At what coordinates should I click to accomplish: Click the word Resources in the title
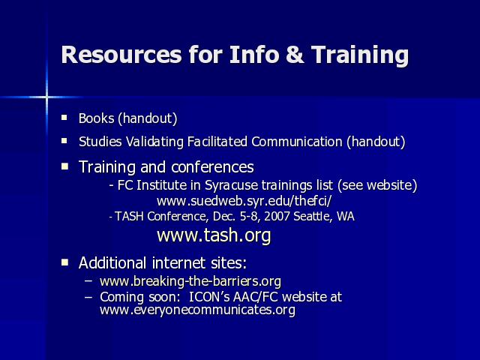[x=121, y=55]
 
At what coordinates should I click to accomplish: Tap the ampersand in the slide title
[x=295, y=55]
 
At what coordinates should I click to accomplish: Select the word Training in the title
[x=360, y=55]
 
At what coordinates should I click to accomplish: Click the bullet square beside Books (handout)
[x=64, y=117]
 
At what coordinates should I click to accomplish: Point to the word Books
[x=97, y=118]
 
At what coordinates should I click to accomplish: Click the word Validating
[x=154, y=142]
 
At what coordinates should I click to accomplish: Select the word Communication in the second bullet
[x=297, y=142]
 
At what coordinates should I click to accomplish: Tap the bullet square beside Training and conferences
[x=64, y=166]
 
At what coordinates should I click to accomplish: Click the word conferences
[x=212, y=167]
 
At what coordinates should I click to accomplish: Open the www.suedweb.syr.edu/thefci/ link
[x=244, y=201]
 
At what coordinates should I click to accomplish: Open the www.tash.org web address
[x=214, y=235]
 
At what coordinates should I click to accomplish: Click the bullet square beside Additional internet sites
[x=64, y=262]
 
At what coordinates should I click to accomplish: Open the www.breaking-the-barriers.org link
[x=190, y=281]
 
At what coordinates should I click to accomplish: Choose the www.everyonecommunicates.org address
[x=197, y=310]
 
